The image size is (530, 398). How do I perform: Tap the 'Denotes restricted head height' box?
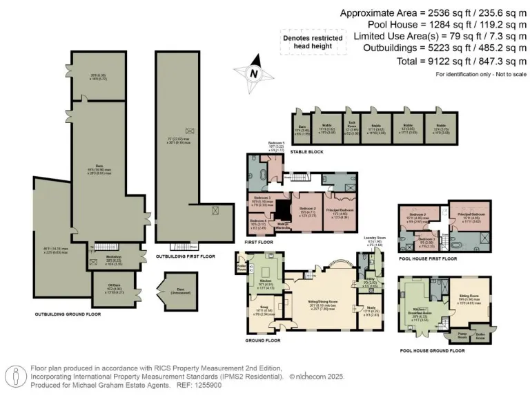point(311,42)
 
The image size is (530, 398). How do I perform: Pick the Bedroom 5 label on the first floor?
point(276,147)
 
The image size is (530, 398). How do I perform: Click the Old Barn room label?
point(112,290)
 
